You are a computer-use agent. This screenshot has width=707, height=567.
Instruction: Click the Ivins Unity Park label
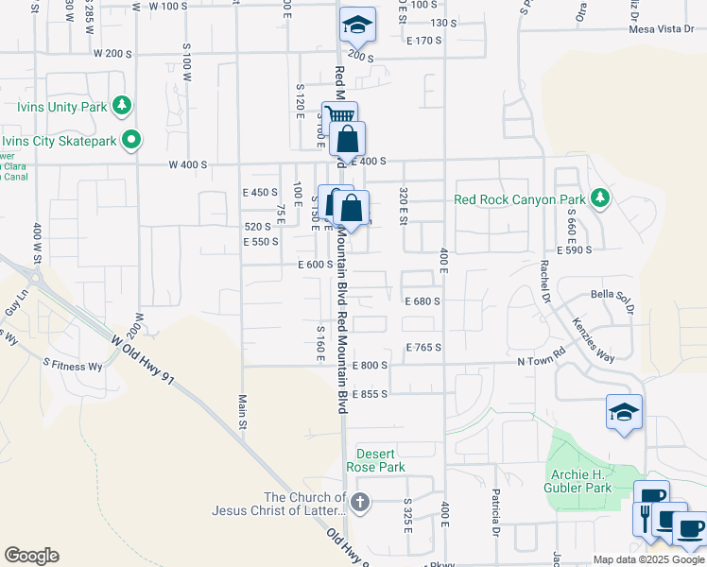click(x=56, y=107)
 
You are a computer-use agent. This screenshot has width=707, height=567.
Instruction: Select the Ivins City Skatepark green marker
click(x=132, y=141)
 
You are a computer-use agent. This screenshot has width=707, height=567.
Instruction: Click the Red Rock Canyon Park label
click(x=520, y=199)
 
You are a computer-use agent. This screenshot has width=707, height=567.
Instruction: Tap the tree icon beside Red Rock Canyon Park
click(x=598, y=198)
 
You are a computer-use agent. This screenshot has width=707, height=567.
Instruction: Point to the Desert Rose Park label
click(x=377, y=460)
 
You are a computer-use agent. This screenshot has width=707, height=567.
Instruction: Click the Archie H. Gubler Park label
click(x=579, y=481)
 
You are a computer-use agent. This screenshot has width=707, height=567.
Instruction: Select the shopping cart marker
click(x=338, y=117)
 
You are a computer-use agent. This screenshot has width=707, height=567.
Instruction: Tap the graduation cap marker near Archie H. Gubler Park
click(x=624, y=412)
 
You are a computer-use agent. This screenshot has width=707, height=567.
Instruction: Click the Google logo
click(x=32, y=555)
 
